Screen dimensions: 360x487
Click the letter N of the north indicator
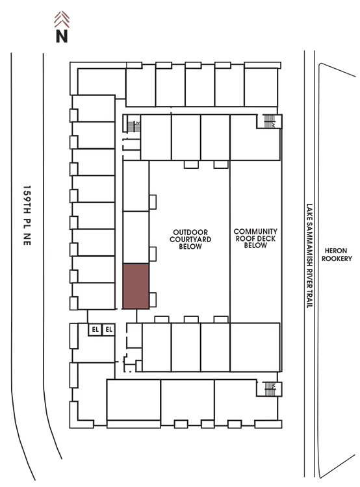coord(62,36)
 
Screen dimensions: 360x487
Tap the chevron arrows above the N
coord(62,19)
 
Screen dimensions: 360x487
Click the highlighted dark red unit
coord(136,286)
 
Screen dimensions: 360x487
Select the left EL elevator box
coord(95,329)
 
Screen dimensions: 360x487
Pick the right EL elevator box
coord(109,329)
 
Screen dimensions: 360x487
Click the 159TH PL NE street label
coord(27,216)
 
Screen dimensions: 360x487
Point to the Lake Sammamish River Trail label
coord(309,256)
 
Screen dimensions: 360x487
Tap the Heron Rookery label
coord(337,255)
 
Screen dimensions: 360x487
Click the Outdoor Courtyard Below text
coord(190,239)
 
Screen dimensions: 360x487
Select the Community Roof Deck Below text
coord(255,238)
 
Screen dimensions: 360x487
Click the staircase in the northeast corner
coord(269,121)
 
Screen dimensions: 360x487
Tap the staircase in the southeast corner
coord(269,389)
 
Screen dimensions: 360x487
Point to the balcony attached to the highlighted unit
coord(153,300)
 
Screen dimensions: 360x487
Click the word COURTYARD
coord(190,239)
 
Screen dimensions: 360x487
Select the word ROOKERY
coord(337,258)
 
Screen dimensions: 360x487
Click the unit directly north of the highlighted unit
coord(136,237)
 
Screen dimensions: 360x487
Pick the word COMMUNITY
coord(255,231)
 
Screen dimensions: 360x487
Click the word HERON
coord(336,251)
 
